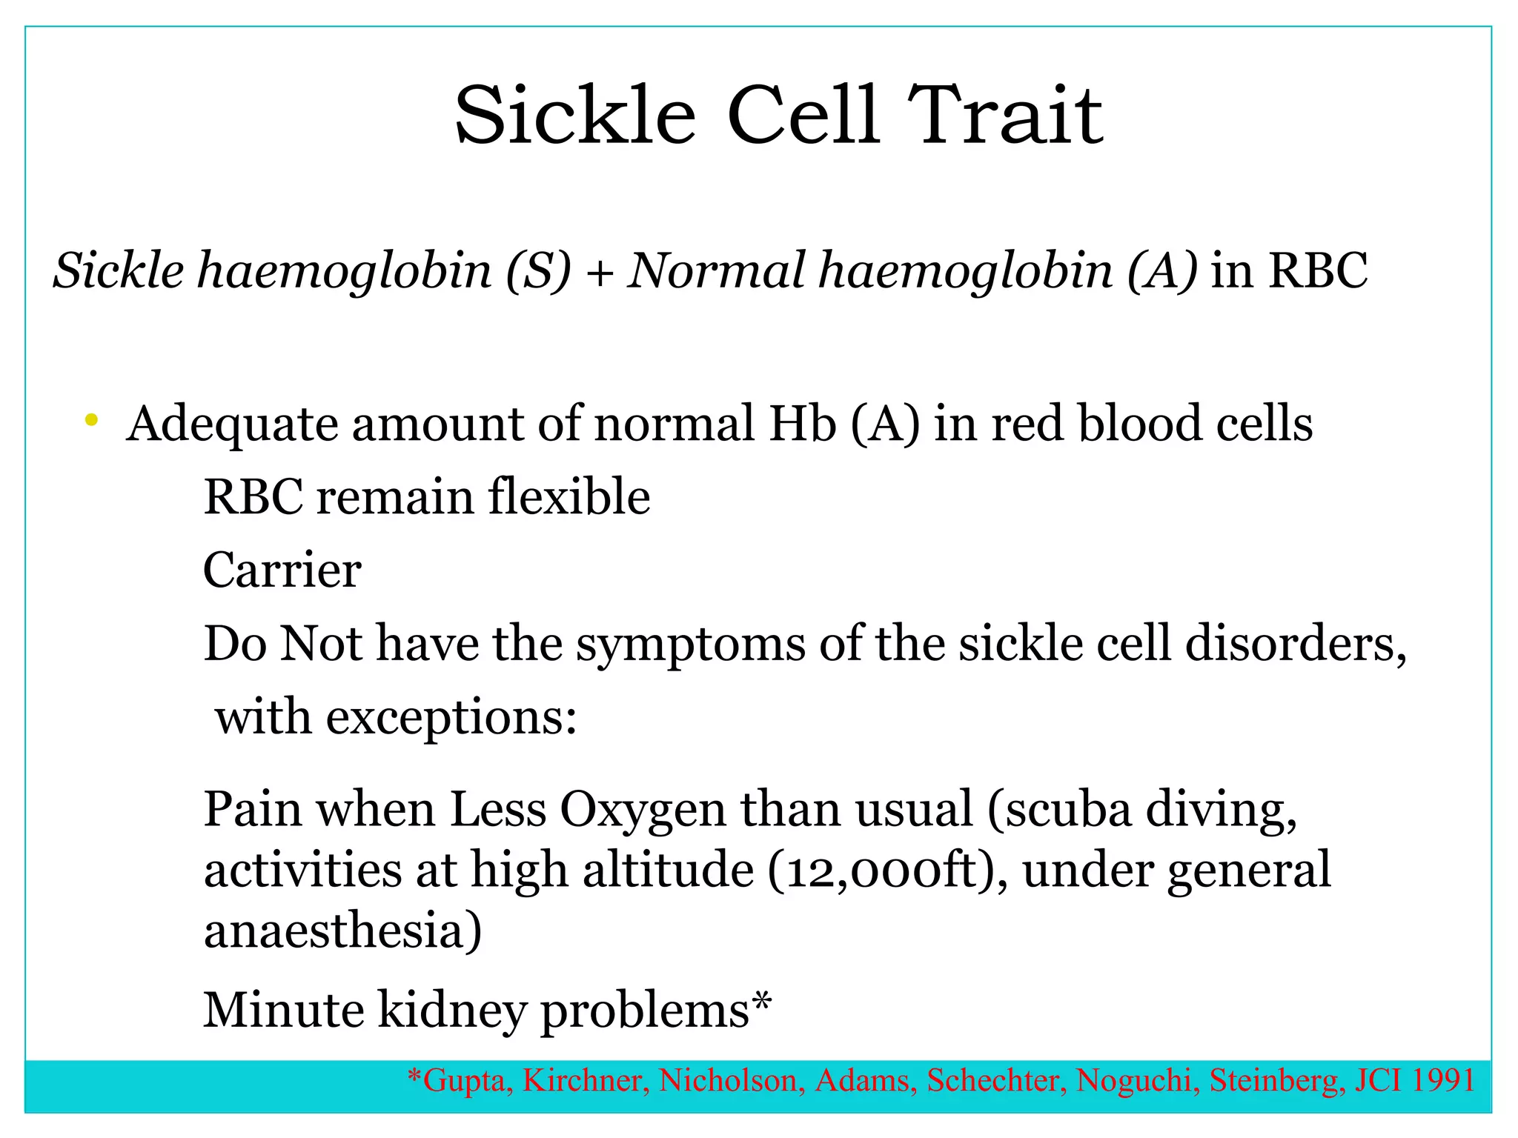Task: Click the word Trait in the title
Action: (1005, 116)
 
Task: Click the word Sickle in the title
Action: (575, 116)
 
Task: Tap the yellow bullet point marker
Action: (92, 421)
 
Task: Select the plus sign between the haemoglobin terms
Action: (599, 273)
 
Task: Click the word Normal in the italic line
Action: (716, 270)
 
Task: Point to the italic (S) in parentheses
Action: (538, 271)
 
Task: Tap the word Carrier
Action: (282, 570)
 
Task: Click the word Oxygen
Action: (642, 811)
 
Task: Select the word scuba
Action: (1068, 809)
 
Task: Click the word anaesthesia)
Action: (342, 931)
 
